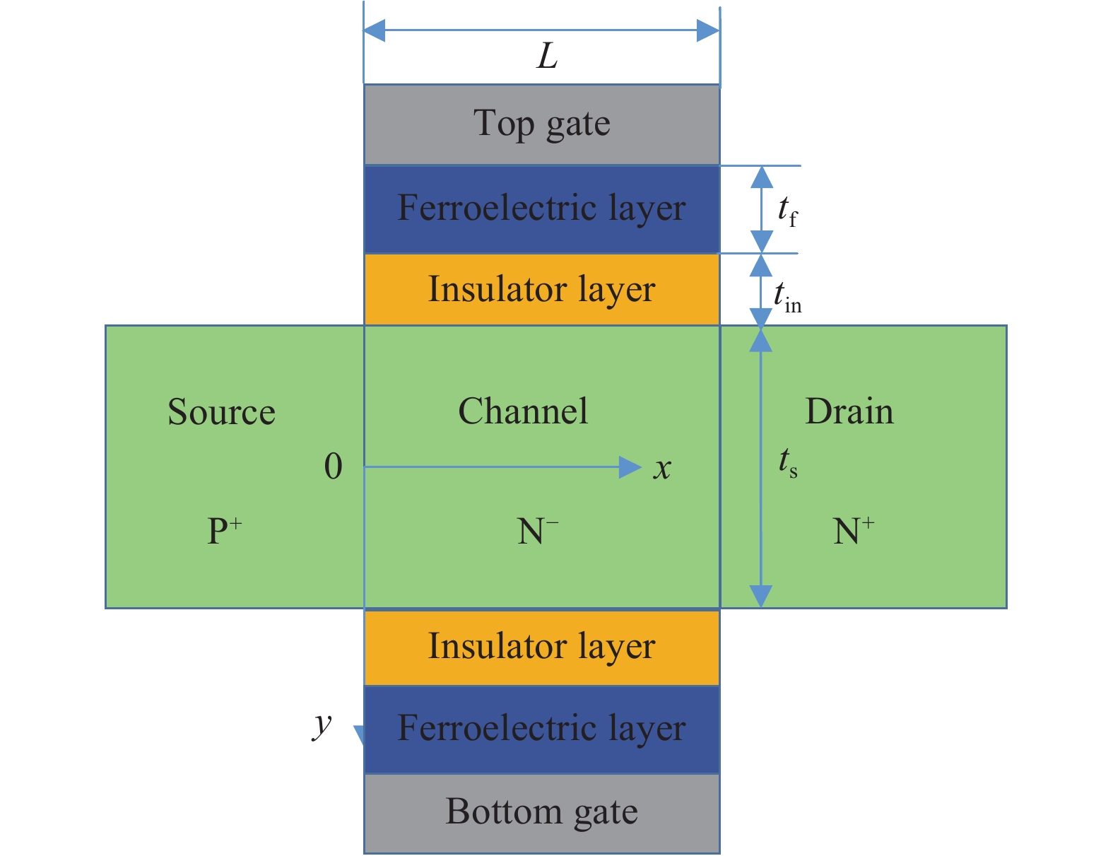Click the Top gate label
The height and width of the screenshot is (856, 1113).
[541, 124]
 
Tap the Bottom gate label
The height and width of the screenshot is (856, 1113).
[541, 812]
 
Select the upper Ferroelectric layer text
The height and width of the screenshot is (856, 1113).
[541, 209]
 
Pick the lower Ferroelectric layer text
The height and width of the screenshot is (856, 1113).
[541, 728]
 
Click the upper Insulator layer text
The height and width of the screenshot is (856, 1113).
[541, 290]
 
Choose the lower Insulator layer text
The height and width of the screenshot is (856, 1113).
[541, 647]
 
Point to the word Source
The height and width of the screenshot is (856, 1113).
[221, 412]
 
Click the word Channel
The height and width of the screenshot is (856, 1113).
[523, 411]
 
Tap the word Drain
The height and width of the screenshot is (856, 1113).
[849, 411]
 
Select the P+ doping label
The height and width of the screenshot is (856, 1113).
[224, 531]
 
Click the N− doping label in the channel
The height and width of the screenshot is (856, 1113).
[538, 531]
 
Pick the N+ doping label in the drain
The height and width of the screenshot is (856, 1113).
[853, 531]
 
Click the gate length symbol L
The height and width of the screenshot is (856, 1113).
[548, 57]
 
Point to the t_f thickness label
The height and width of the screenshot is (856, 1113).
[787, 211]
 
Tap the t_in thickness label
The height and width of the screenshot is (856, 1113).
[787, 297]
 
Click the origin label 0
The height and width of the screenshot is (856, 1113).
[333, 467]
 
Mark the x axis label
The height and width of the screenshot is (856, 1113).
[662, 468]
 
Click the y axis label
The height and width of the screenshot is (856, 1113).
[322, 724]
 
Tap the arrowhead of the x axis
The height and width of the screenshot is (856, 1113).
[630, 467]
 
